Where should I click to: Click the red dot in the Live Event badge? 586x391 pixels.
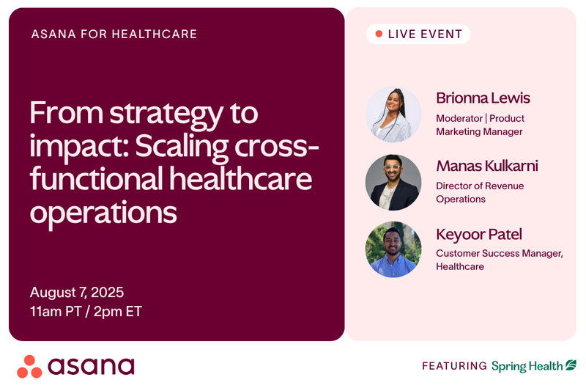coord(379,34)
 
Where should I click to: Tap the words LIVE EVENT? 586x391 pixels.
coord(426,34)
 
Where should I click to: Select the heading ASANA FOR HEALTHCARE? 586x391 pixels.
coord(114,34)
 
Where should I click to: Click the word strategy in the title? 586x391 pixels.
coord(166,114)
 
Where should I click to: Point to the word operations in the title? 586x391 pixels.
coord(103,213)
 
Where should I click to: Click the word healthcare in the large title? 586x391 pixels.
coord(241,178)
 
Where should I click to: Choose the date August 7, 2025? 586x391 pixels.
coord(77,292)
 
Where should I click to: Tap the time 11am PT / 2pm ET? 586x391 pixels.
coord(86,311)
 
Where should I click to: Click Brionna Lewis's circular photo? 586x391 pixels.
coord(393,114)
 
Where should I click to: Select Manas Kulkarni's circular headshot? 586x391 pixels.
coord(393,182)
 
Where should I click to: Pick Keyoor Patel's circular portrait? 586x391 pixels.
coord(393,249)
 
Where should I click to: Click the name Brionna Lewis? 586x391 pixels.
coord(483,98)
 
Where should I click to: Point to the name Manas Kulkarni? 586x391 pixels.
coord(487,166)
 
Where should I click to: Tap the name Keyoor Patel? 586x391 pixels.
coord(479,235)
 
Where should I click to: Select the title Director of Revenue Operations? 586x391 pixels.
coord(480,192)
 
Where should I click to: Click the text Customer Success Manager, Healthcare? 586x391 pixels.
coord(500,260)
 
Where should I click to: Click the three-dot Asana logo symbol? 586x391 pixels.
coord(29,367)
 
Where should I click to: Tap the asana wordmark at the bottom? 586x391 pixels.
coord(91,366)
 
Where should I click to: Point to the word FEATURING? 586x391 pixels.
coord(454,365)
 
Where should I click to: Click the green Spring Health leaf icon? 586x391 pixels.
coord(571,365)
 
